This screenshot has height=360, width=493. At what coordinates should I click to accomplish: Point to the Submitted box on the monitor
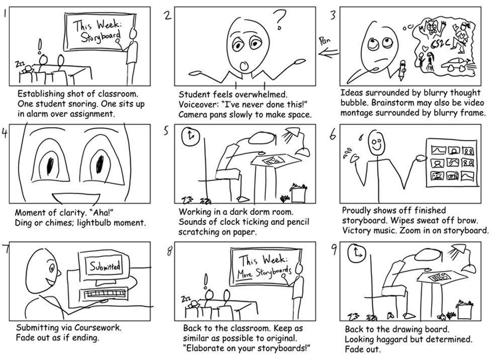105,266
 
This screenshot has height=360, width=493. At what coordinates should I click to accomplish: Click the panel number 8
169,251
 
